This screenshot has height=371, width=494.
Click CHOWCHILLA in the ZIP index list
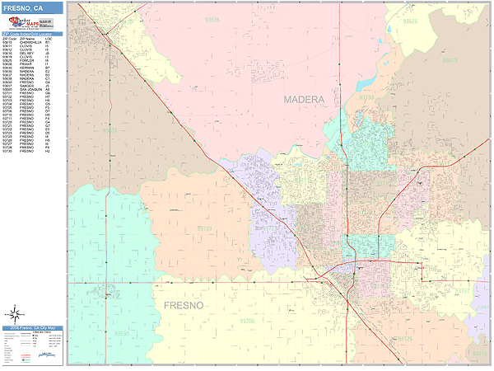(29, 42)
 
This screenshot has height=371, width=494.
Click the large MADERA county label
(304, 100)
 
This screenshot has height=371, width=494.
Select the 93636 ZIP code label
(212, 19)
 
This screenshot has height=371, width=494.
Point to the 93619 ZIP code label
(450, 60)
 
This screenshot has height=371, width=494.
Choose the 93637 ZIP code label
(110, 130)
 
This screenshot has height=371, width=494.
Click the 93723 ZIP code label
(205, 228)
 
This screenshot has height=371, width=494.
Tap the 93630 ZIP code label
(122, 334)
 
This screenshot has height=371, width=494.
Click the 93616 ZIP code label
(479, 352)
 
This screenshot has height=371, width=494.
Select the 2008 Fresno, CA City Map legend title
(33, 328)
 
